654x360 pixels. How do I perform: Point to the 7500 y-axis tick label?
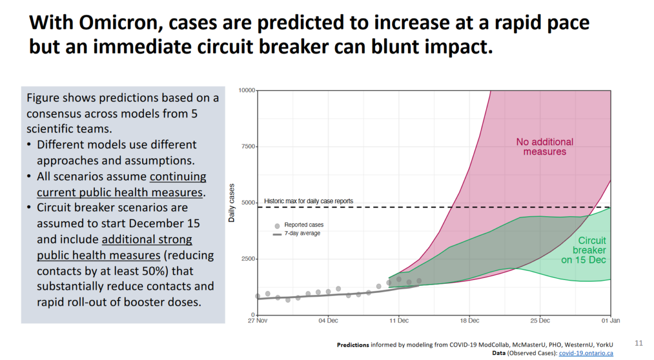click(x=247, y=147)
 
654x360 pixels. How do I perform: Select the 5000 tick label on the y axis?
click(x=247, y=203)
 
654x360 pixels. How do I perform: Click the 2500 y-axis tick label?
click(x=247, y=259)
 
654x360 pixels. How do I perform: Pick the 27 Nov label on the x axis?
click(x=257, y=321)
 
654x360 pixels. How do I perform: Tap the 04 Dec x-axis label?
click(x=328, y=321)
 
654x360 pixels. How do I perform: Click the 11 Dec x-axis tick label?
click(x=399, y=321)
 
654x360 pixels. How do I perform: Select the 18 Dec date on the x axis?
click(x=469, y=321)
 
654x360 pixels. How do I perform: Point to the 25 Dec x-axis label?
click(x=540, y=321)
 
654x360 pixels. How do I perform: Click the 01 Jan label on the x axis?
click(x=610, y=321)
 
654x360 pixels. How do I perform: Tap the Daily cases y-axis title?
click(x=232, y=203)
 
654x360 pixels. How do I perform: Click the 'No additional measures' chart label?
click(x=544, y=147)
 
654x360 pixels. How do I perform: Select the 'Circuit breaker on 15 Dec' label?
click(x=591, y=250)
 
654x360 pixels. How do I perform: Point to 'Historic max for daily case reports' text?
click(x=308, y=201)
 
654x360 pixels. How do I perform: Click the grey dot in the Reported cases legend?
click(x=277, y=225)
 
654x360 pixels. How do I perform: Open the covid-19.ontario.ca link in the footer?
click(x=586, y=353)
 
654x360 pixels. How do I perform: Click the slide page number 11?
click(x=639, y=343)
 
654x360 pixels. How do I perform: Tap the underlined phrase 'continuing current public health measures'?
click(x=122, y=185)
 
